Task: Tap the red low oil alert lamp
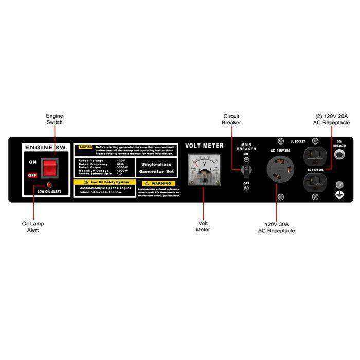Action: click(x=49, y=184)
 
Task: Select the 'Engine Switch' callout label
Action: click(x=55, y=119)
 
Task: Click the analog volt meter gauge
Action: click(x=204, y=168)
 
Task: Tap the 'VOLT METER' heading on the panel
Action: click(x=204, y=146)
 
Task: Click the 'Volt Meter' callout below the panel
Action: click(x=203, y=226)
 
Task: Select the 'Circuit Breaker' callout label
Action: click(x=231, y=119)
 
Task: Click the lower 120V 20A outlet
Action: click(x=314, y=183)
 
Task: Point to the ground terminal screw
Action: click(x=339, y=184)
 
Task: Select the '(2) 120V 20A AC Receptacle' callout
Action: click(x=332, y=119)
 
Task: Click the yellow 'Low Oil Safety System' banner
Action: click(x=105, y=182)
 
